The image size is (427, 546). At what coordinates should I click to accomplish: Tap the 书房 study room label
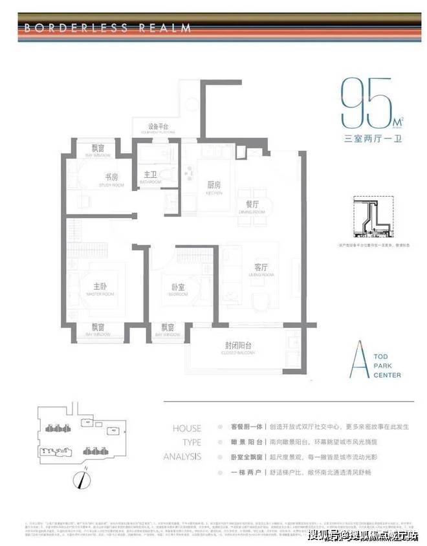pos(112,178)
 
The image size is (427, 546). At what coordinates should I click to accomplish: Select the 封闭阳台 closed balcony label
pos(236,347)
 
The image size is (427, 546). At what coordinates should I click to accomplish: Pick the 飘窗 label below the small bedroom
pos(168,327)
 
